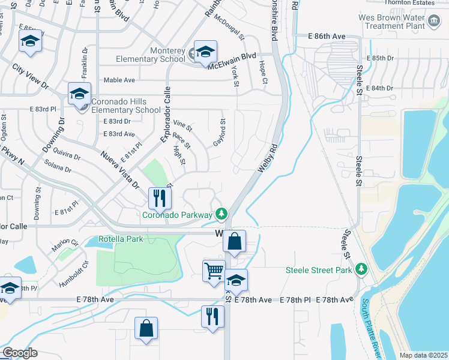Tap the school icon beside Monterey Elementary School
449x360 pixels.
coord(205,52)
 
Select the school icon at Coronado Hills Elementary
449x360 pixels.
coord(79,94)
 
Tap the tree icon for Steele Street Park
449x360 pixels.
coord(361,269)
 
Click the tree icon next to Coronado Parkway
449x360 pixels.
coord(222,214)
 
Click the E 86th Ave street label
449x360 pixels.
coord(327,37)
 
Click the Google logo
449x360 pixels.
coord(20,352)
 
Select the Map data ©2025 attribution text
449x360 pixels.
coord(423,355)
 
